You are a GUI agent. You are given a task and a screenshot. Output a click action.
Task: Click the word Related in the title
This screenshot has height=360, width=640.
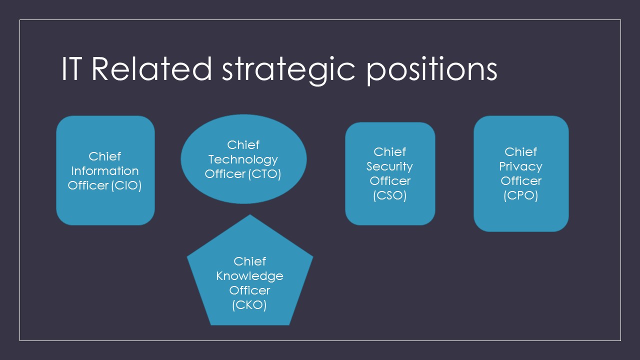coord(152,69)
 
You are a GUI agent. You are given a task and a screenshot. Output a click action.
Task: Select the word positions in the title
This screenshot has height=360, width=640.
coord(432,70)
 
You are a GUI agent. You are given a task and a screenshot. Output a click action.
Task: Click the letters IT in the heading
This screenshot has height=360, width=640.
coord(71,69)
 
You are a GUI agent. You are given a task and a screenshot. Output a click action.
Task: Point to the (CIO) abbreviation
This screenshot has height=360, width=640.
coord(126,185)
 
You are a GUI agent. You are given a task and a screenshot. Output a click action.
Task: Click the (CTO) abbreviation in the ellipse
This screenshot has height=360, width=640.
coord(264,174)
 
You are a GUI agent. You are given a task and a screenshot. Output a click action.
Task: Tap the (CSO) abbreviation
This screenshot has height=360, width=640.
coord(390,195)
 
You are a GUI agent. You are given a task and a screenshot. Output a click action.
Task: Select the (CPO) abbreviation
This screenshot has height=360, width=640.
coord(520,195)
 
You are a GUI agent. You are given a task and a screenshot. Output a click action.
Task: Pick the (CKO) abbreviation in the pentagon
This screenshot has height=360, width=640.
coord(249,305)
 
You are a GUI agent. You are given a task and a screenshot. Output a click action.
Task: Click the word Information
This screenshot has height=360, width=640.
coord(105,171)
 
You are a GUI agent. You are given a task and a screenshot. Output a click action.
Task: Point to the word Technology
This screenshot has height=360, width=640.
coord(243,159)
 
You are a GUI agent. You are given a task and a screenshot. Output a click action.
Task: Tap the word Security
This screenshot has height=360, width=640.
coord(390,166)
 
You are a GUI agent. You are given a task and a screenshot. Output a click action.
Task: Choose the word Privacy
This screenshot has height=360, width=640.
coord(520,166)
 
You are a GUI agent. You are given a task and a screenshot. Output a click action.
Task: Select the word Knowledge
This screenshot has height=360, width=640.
coord(249,276)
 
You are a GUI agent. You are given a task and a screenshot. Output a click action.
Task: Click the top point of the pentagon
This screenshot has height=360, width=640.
coord(249,215)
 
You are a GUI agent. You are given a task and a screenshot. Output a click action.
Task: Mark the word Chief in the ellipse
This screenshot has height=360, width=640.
coord(243,145)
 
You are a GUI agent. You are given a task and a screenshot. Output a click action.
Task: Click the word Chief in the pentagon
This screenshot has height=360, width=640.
coord(249,261)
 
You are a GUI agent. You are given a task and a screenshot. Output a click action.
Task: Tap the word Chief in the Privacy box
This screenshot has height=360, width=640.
coord(520,152)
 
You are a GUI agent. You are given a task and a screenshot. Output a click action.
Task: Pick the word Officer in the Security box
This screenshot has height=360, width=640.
coord(390,181)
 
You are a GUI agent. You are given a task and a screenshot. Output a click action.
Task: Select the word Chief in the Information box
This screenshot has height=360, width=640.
coord(105,156)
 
